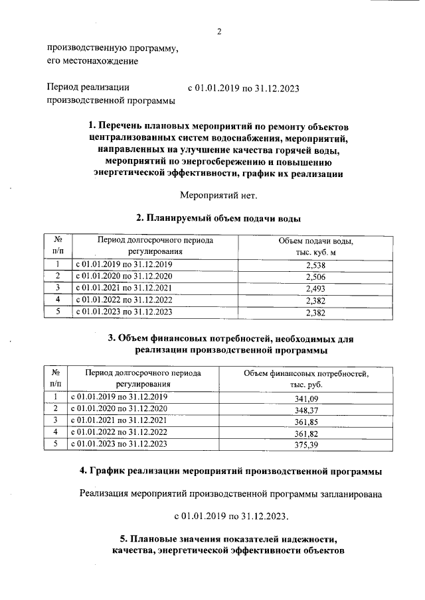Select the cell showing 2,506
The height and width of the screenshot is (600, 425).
pyautogui.click(x=315, y=276)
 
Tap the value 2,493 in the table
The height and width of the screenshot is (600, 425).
pyautogui.click(x=315, y=288)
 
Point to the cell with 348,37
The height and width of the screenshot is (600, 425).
pyautogui.click(x=306, y=410)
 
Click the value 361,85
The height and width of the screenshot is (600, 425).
pyautogui.click(x=306, y=422)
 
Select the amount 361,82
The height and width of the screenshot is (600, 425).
pyautogui.click(x=306, y=434)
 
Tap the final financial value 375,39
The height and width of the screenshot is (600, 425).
pyautogui.click(x=306, y=446)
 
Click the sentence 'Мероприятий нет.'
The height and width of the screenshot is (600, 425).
pyautogui.click(x=218, y=195)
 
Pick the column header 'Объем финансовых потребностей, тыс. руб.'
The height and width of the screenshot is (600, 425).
pyautogui.click(x=306, y=379)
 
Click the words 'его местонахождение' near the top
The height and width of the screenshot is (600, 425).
pyautogui.click(x=92, y=62)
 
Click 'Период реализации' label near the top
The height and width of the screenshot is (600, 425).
pyautogui.click(x=88, y=87)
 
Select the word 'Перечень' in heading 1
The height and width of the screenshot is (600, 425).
pyautogui.click(x=123, y=126)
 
